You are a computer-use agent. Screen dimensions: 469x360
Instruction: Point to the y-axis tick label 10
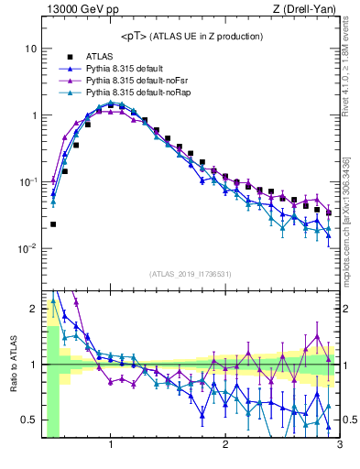(x=30, y=48)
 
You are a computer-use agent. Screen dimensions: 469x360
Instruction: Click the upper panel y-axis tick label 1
(x=33, y=115)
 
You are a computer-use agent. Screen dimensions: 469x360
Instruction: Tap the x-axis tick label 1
(x=110, y=446)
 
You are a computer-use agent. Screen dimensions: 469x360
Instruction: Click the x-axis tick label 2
(x=225, y=446)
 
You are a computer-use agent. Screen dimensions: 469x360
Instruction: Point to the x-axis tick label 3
(x=339, y=446)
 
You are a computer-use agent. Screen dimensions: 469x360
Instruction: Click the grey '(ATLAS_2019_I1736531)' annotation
(x=191, y=274)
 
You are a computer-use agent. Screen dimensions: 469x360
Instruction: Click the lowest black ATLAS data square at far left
(x=53, y=224)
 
